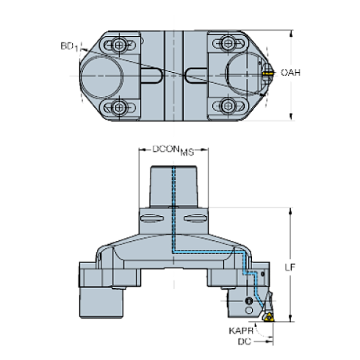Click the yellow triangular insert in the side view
click(x=270, y=317)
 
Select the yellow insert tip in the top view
click(x=265, y=73)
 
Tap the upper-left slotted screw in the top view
click(x=118, y=46)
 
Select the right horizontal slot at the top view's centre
click(x=198, y=74)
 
